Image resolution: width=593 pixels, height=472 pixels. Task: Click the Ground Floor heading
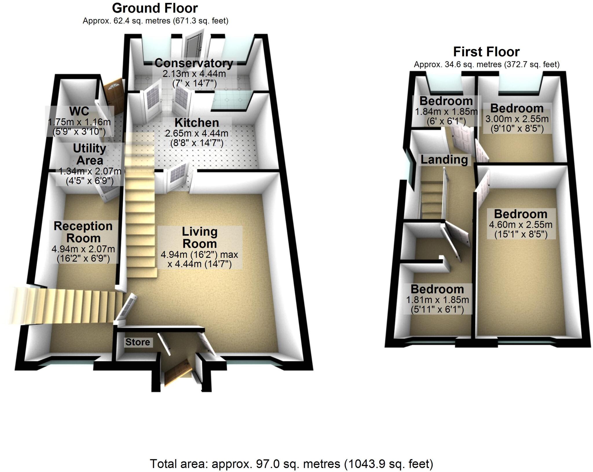(x=155, y=8)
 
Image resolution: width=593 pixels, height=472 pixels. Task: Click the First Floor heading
(x=486, y=52)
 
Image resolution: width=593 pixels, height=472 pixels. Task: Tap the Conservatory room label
(x=194, y=63)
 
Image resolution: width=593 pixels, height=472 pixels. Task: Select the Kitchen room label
(x=197, y=123)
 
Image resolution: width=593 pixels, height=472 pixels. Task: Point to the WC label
(x=79, y=111)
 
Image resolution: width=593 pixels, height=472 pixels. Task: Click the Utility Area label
(x=89, y=154)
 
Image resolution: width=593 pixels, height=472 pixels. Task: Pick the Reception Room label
(x=83, y=232)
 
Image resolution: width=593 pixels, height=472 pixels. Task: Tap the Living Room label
(x=200, y=238)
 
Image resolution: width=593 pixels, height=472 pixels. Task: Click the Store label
(x=138, y=342)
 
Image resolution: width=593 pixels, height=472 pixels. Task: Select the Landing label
(x=444, y=159)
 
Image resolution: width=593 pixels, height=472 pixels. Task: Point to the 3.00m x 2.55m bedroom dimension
(x=517, y=119)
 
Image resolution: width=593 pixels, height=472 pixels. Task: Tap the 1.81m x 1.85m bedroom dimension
(x=437, y=300)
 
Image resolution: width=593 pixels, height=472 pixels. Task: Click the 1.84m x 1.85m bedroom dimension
(x=446, y=112)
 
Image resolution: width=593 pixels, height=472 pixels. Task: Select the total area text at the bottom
(x=291, y=464)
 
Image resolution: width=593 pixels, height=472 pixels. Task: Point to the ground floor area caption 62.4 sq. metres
(x=155, y=21)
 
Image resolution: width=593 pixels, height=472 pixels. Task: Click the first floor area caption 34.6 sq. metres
(x=486, y=64)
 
